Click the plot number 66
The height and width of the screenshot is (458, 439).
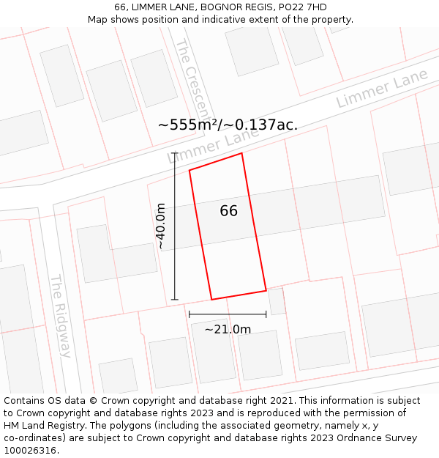point(228,211)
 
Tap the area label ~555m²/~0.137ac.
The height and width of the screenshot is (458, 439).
point(228,125)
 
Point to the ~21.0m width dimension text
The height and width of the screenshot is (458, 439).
point(228,330)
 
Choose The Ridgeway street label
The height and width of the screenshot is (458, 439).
point(60,315)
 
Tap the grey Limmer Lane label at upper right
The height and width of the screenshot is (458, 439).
point(382,91)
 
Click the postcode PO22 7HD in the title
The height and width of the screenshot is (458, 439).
point(302,7)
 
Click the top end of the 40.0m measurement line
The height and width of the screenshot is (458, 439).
point(174,152)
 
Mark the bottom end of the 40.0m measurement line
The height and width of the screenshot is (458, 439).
point(174,300)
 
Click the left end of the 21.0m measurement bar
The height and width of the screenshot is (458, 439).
point(190,314)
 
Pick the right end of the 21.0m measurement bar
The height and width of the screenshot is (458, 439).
point(266,314)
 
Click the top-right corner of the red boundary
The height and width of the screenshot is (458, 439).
point(241,153)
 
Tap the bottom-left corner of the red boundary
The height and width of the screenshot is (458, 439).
point(211,299)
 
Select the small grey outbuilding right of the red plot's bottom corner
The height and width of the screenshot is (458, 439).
point(277,300)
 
